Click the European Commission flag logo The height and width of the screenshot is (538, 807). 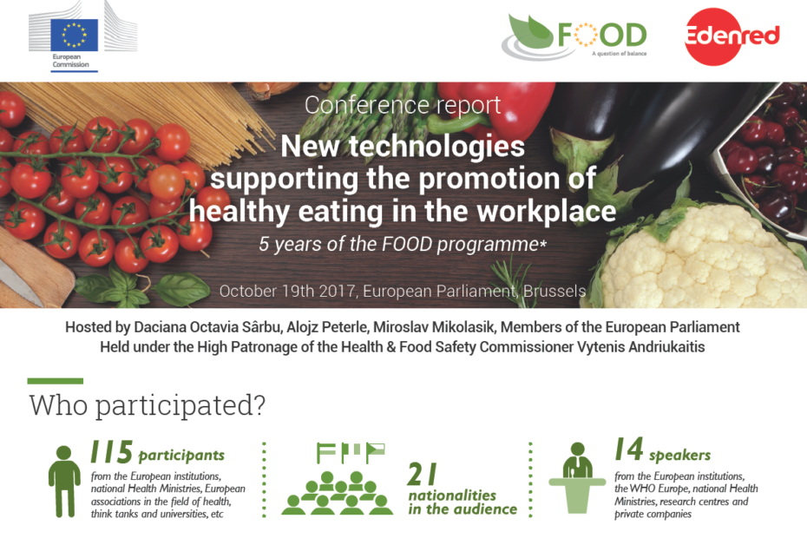74,34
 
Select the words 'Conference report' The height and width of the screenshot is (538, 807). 403,106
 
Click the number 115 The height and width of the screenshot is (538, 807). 112,452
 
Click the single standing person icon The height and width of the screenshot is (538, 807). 63,482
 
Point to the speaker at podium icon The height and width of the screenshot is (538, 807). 577,477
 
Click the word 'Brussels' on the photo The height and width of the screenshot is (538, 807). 553,291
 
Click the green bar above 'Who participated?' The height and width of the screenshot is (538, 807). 56,381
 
